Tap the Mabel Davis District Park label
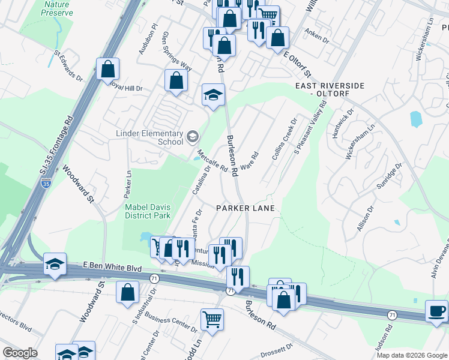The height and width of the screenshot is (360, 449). [148, 211]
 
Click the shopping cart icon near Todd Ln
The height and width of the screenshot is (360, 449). [212, 319]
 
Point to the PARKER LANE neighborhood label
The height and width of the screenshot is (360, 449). [246, 208]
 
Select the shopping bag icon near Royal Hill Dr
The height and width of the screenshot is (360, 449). [107, 69]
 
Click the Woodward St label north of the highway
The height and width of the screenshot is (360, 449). [79, 183]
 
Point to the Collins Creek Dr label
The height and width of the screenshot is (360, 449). [285, 142]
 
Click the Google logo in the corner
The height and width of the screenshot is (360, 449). [20, 353]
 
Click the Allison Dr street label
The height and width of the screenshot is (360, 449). [365, 219]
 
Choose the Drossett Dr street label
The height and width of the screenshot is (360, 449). [276, 347]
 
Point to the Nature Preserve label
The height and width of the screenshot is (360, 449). [56, 8]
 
